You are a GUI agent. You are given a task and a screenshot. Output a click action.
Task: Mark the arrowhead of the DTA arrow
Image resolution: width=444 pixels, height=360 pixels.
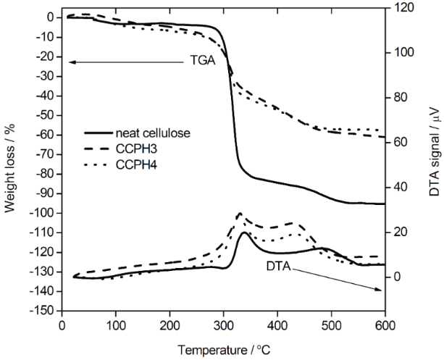click(381, 290)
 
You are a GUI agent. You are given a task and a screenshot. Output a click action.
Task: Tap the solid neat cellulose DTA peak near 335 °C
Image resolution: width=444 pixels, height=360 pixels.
click(244, 233)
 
